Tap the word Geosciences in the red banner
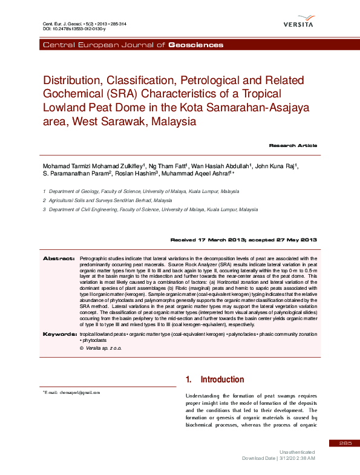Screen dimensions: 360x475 click(195, 45)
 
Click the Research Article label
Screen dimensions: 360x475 click(293, 146)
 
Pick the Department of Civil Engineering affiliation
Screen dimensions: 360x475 click(145, 209)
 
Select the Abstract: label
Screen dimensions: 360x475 click(58, 258)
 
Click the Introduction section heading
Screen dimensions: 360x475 click(222, 379)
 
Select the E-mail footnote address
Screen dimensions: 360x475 click(73, 393)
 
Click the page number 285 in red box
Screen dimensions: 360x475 click(345, 444)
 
